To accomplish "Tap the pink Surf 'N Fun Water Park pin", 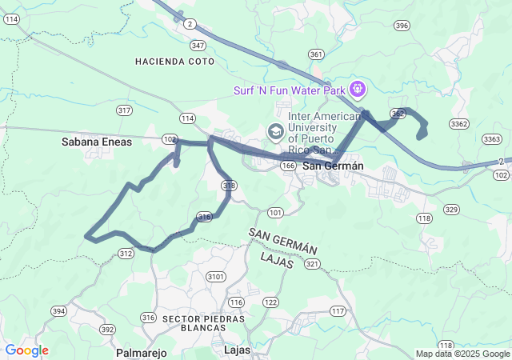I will pyautogui.click(x=356, y=86).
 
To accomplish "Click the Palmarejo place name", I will pyautogui.click(x=140, y=352).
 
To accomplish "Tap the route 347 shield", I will pyautogui.click(x=198, y=46).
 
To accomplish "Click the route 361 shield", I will pyautogui.click(x=316, y=55).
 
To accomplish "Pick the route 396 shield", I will pyautogui.click(x=402, y=26).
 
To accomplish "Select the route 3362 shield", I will pyautogui.click(x=459, y=123).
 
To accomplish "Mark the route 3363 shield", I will pyautogui.click(x=493, y=139).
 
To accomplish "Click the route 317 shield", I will pyautogui.click(x=124, y=110).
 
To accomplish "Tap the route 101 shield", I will pyautogui.click(x=275, y=212).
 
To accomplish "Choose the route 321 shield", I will pyautogui.click(x=312, y=263).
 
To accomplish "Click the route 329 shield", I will pyautogui.click(x=452, y=210).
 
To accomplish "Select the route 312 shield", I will pyautogui.click(x=126, y=253).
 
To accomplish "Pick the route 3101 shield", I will pyautogui.click(x=215, y=277).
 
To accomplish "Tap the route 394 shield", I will pyautogui.click(x=58, y=310).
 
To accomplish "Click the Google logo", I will pyautogui.click(x=26, y=350).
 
